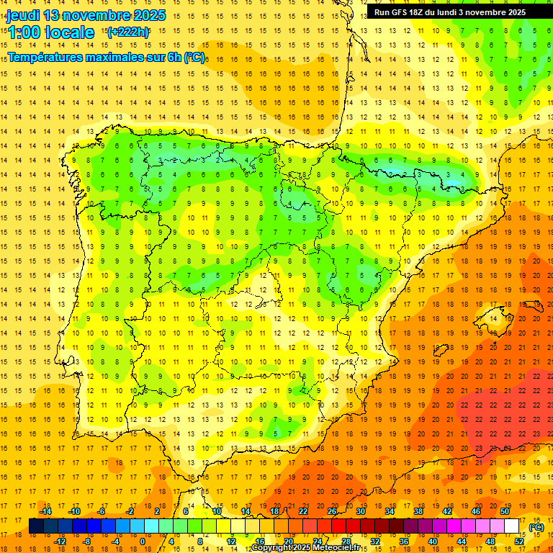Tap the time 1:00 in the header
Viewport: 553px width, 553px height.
24,32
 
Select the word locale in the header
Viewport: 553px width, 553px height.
69,32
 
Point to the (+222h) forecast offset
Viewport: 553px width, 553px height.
128,32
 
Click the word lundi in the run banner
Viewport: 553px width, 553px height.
458,12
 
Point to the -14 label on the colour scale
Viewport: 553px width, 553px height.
45,511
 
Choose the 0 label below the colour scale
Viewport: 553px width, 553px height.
143,541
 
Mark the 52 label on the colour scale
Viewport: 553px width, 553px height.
519,541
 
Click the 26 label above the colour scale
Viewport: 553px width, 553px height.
332,511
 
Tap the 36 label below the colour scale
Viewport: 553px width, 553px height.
404,541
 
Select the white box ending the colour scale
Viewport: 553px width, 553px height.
512,526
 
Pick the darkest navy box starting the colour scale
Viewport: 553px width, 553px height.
36,526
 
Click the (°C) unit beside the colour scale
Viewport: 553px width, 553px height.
536,526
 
